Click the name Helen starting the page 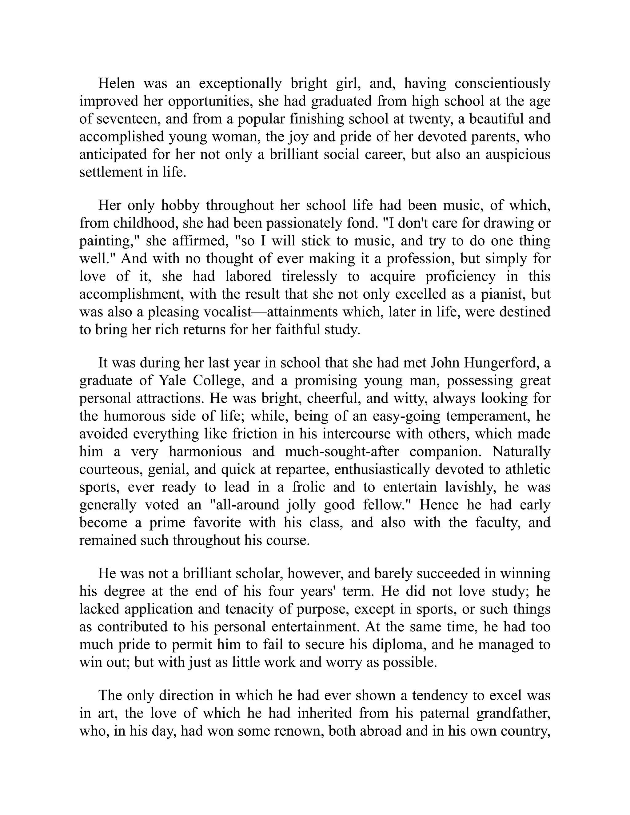tap(116, 83)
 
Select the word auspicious tap(518, 154)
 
